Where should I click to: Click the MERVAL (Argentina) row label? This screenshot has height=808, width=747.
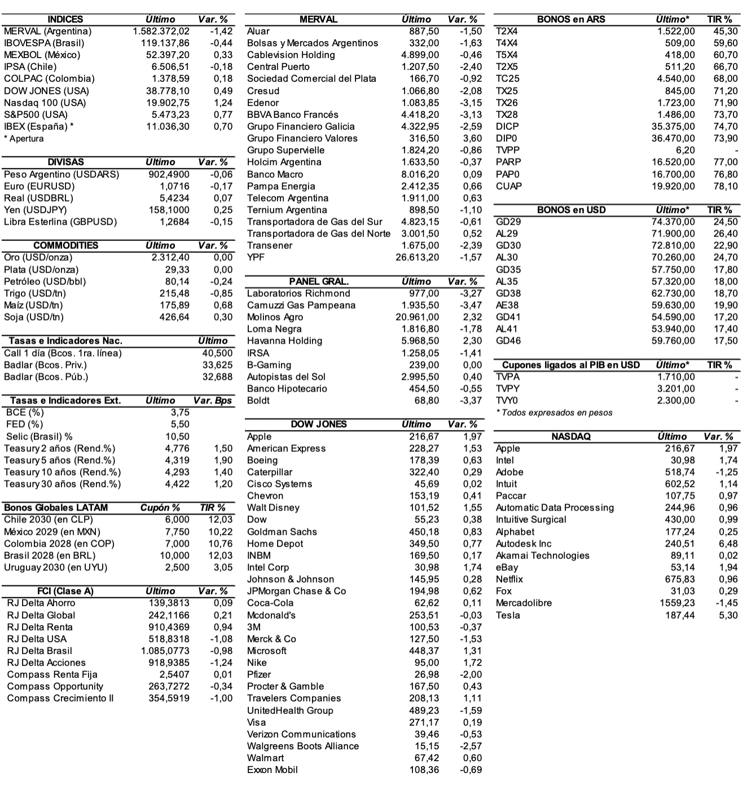(x=47, y=31)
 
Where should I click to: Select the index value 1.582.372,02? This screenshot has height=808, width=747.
(x=161, y=31)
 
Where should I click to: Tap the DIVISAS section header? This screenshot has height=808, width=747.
(x=65, y=162)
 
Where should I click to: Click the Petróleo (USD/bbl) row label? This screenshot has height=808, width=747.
(x=45, y=282)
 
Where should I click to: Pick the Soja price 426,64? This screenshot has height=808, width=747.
(x=174, y=317)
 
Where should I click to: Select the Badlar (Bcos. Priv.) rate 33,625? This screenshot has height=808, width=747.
(x=217, y=365)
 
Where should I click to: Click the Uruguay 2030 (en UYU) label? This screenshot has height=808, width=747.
(x=55, y=568)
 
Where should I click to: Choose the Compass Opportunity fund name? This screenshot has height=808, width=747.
(x=55, y=687)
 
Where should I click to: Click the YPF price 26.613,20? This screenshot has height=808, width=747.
(x=417, y=257)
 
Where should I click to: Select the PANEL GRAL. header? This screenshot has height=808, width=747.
(x=319, y=282)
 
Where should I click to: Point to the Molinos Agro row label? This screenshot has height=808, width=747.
(x=275, y=317)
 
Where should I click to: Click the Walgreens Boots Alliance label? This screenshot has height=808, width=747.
(x=303, y=746)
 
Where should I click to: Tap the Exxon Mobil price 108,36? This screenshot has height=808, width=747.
(x=424, y=770)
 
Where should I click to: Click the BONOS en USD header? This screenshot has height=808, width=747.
(x=571, y=210)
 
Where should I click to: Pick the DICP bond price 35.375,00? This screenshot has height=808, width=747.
(x=673, y=126)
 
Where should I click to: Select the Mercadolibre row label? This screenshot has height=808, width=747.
(x=524, y=603)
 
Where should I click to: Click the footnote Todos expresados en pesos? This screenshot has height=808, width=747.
(x=555, y=412)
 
